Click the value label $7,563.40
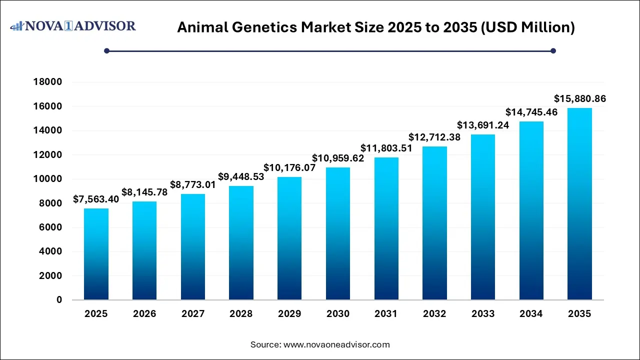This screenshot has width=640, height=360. click(96, 199)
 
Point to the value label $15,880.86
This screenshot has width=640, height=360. click(580, 99)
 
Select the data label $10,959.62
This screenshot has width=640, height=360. click(338, 158)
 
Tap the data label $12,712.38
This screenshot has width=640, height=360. click(434, 137)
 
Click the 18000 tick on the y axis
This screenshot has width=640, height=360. click(48, 82)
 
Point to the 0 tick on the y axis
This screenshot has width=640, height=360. click(59, 300)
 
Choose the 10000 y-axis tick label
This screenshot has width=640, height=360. click(48, 179)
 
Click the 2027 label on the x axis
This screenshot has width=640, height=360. click(193, 314)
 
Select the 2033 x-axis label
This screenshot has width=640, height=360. click(483, 314)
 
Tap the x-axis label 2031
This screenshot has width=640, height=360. click(386, 314)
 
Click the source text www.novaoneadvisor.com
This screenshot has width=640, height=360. click(336, 344)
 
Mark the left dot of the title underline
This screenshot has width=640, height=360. click(106, 50)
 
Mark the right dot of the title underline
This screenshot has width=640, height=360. click(553, 50)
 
